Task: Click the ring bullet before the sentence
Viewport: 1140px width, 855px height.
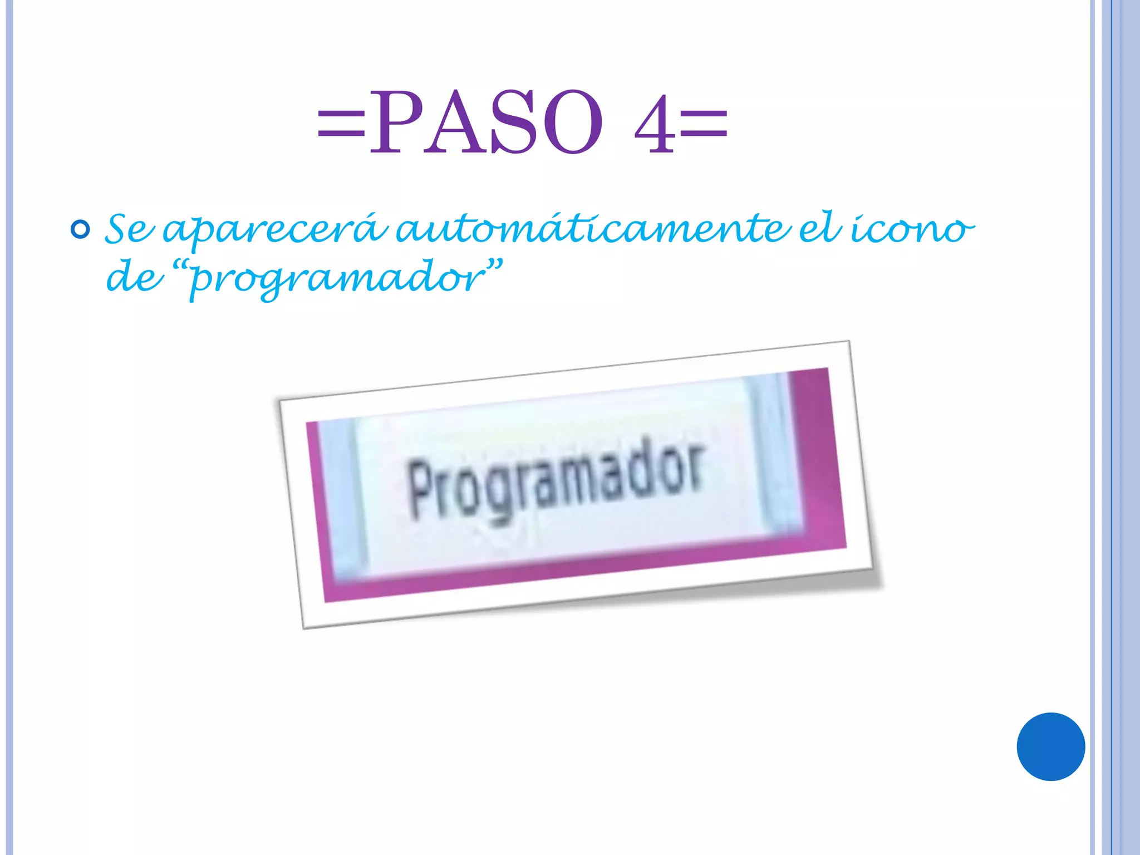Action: click(x=81, y=229)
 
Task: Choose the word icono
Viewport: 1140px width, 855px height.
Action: click(x=913, y=229)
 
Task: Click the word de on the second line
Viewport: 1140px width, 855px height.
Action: click(x=134, y=277)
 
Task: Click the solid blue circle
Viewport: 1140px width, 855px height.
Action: click(x=1050, y=746)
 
